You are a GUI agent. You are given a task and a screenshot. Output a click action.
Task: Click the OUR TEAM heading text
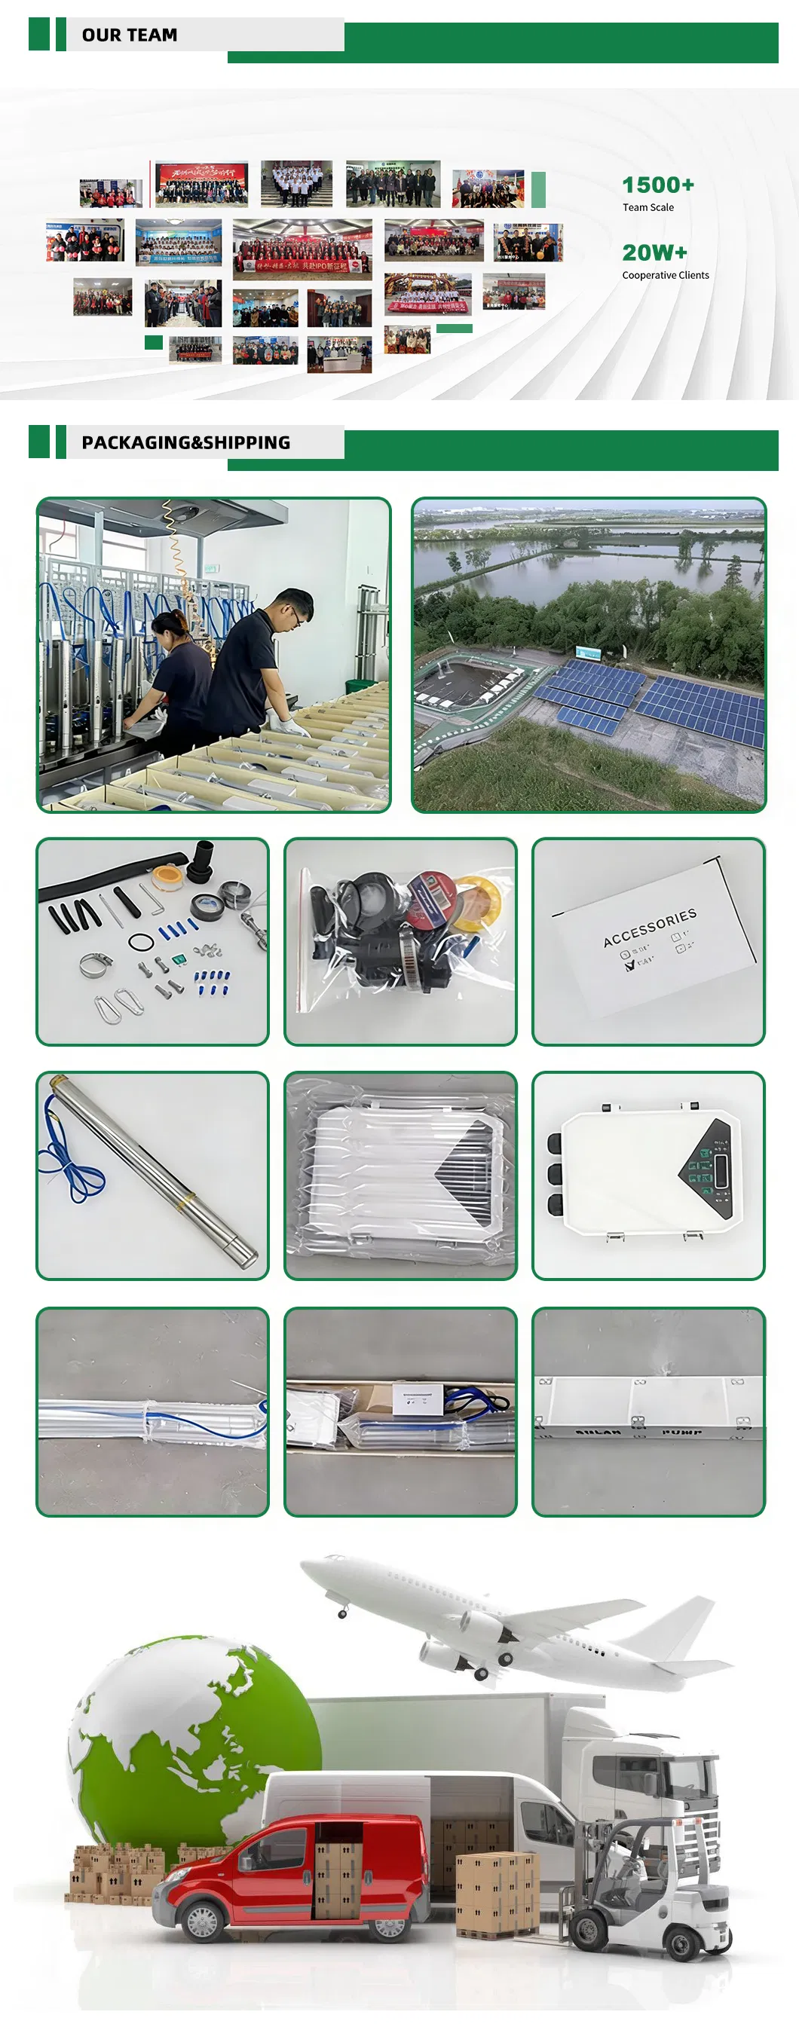130,35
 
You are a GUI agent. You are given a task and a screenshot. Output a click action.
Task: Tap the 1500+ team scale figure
657,185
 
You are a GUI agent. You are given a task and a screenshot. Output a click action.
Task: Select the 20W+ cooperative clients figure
654,253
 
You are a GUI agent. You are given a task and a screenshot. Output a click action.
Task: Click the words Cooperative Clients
665,275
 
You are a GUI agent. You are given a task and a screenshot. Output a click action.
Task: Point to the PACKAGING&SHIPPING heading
185,442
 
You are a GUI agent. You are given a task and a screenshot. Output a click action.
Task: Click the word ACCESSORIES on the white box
650,927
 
